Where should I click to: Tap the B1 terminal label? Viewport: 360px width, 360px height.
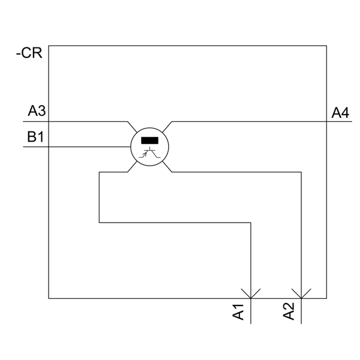click(36, 137)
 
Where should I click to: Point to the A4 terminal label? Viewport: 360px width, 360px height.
click(340, 112)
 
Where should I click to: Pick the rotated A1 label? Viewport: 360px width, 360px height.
click(238, 312)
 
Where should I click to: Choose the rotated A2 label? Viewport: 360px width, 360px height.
click(289, 312)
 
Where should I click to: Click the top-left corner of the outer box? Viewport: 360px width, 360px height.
click(49, 45)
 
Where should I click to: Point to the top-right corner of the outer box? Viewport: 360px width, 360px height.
click(326, 45)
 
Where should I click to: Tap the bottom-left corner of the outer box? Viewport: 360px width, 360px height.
click(49, 298)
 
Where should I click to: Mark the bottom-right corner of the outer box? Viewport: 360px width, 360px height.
click(326, 298)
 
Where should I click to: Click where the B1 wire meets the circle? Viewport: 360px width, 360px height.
click(131, 146)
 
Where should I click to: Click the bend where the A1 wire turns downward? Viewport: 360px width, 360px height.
click(251, 223)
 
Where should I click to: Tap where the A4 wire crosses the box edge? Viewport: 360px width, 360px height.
click(326, 121)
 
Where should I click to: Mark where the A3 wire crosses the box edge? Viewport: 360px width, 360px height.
click(49, 121)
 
